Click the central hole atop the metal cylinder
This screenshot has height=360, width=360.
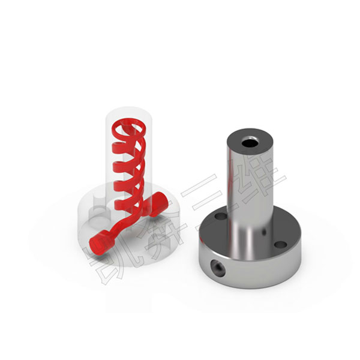[250, 142]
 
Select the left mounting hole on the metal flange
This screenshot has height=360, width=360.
[221, 216]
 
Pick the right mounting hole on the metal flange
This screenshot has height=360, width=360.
[281, 245]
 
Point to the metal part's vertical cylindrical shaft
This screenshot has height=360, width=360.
[250, 195]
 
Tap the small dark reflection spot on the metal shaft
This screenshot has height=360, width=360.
[264, 232]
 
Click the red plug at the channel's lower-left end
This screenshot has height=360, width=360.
[101, 242]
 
